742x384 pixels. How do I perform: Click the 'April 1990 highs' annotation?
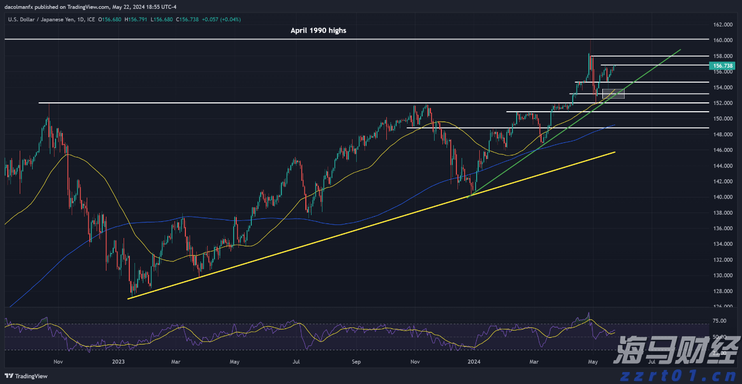tap(318, 30)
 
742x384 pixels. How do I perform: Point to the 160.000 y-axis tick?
tap(723, 40)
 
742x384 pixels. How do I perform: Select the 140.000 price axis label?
tap(723, 197)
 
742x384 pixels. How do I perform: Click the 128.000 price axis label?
tap(723, 291)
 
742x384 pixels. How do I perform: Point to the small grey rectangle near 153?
tap(613, 94)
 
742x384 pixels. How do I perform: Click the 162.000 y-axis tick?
tap(723, 24)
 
